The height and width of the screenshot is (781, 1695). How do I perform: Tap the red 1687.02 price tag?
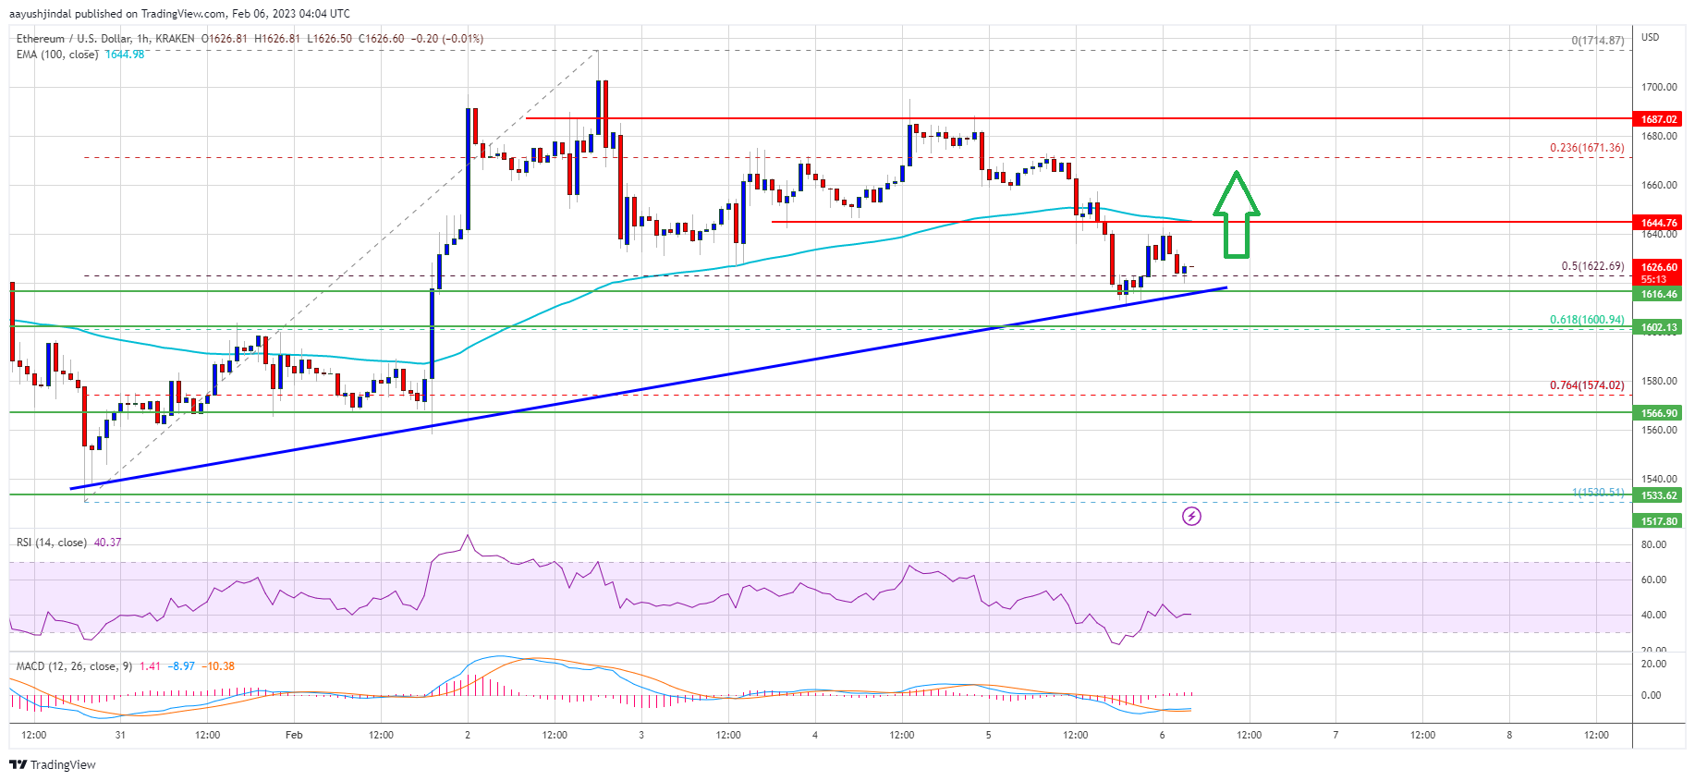click(x=1658, y=119)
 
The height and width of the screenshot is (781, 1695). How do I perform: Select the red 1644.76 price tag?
click(x=1658, y=223)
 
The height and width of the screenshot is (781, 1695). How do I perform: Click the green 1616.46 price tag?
click(x=1658, y=294)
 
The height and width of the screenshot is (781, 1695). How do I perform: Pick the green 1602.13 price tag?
click(x=1658, y=327)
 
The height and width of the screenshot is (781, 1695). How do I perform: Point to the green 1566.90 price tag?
click(x=1658, y=413)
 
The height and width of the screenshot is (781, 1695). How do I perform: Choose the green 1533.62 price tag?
click(x=1658, y=495)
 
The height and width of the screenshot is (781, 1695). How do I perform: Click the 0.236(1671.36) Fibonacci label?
click(x=1586, y=148)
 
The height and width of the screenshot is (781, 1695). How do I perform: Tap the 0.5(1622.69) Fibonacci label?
click(x=1591, y=266)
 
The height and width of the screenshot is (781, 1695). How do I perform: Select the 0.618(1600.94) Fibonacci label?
click(x=1586, y=320)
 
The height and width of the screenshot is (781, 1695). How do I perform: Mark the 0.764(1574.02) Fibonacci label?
click(x=1586, y=385)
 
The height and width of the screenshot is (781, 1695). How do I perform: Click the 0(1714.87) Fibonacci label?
click(x=1597, y=41)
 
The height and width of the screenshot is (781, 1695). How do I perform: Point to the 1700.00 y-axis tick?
click(x=1658, y=87)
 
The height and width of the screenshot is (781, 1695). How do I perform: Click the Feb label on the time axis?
click(x=294, y=735)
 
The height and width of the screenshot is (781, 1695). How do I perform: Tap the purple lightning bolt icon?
click(x=1191, y=516)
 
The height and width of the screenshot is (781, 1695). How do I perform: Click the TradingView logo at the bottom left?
click(x=52, y=764)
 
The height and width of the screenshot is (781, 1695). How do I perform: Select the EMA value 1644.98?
click(x=125, y=55)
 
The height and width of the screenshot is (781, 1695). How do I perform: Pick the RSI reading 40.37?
click(x=107, y=543)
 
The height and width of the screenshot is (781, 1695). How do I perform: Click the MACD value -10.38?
click(x=220, y=666)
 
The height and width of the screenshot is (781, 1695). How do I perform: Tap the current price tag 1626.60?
click(x=1658, y=267)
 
